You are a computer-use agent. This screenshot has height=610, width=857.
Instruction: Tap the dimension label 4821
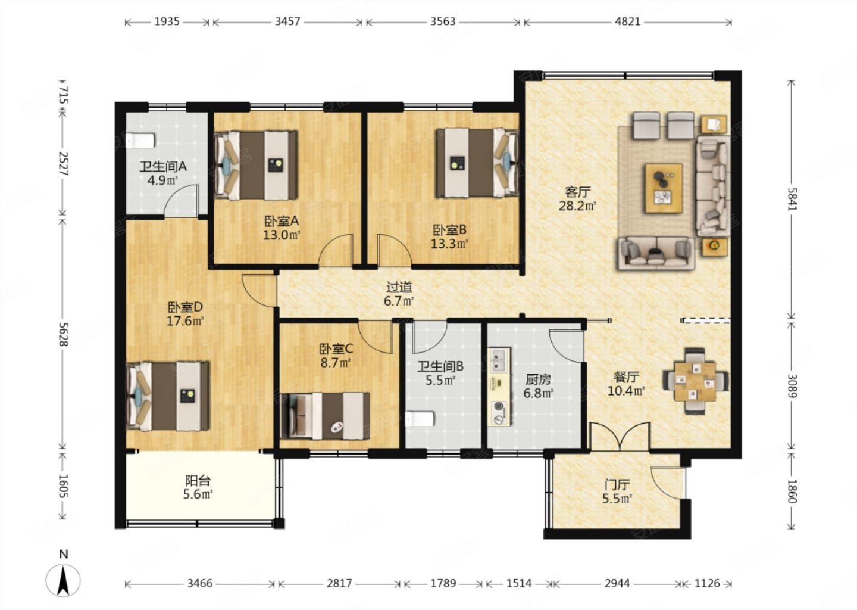(x=627, y=21)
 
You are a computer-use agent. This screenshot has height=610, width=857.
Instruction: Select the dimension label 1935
(x=167, y=21)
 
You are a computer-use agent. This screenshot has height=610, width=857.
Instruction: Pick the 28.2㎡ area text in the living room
(x=578, y=206)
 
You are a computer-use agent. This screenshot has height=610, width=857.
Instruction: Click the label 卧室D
(x=185, y=307)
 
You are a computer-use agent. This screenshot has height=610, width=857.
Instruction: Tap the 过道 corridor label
(x=399, y=287)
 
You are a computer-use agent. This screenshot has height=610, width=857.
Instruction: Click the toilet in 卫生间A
(x=140, y=141)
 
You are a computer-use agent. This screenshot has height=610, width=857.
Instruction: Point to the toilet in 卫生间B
(x=420, y=419)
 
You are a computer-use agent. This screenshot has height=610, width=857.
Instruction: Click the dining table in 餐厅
(x=695, y=381)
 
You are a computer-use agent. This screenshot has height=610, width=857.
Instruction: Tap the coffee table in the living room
(x=664, y=188)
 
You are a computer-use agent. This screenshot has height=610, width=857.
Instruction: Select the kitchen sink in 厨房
(x=498, y=361)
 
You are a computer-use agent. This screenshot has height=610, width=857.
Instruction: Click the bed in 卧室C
(x=325, y=416)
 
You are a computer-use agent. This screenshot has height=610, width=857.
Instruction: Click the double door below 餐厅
(x=620, y=436)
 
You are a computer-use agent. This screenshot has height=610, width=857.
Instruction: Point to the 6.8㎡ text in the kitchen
(x=538, y=393)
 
